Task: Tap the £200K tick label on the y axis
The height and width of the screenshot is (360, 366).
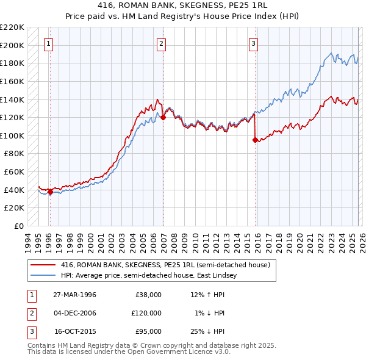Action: (x=13, y=45)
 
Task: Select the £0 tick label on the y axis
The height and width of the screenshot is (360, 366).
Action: (x=19, y=226)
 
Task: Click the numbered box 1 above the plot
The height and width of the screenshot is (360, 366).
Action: (x=48, y=43)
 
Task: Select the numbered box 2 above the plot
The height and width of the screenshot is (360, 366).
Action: (x=161, y=43)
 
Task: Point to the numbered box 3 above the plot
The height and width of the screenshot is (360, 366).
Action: (x=253, y=43)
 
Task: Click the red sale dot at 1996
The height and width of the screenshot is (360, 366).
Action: (x=50, y=192)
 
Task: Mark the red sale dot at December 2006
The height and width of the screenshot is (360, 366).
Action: (x=163, y=118)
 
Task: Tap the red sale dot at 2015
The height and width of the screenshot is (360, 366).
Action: (x=255, y=140)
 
